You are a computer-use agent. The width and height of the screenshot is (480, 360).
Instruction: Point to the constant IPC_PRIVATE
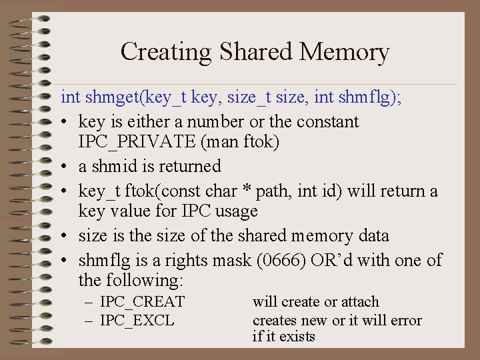coord(127,143)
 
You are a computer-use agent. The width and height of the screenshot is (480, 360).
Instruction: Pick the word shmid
coord(113,166)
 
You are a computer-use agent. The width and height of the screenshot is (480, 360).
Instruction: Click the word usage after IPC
coord(233,211)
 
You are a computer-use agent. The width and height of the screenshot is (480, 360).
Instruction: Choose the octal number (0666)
coord(281,259)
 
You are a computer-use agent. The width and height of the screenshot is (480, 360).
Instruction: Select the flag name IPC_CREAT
coord(142,302)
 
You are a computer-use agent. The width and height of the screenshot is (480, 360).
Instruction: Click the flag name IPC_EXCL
coord(137,321)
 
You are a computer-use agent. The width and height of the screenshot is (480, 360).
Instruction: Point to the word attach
coord(359,302)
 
